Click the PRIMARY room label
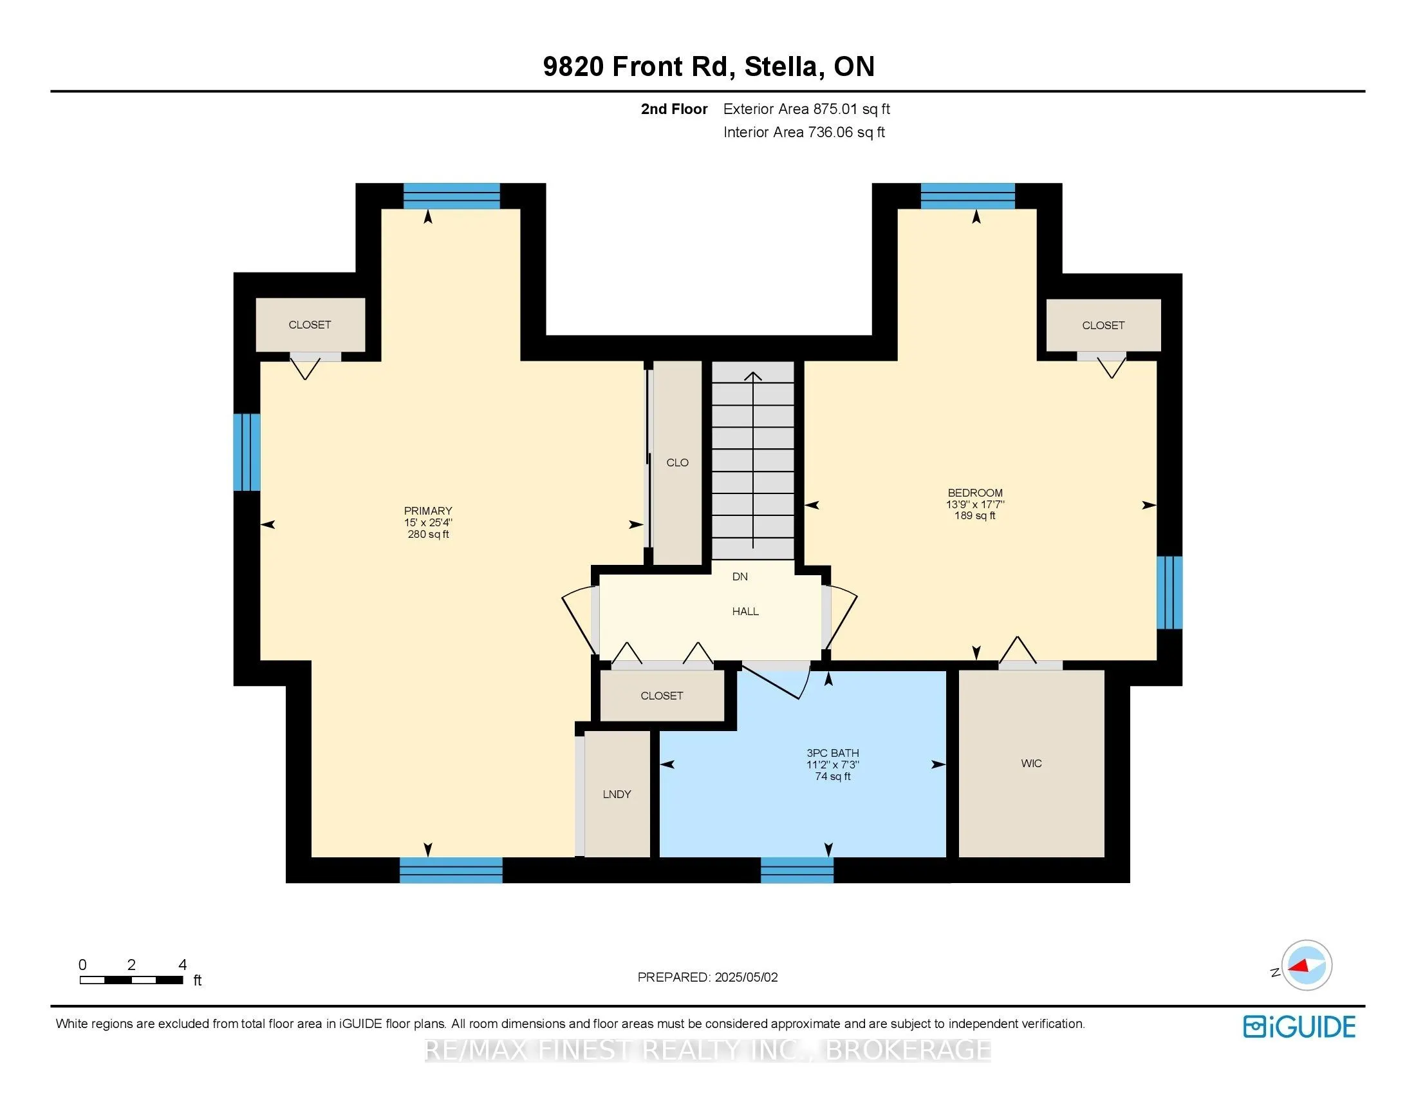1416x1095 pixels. [428, 511]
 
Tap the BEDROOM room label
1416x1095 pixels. [975, 493]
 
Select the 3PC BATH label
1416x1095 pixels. [832, 753]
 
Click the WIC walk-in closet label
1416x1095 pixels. [1031, 763]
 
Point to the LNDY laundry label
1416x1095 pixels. [617, 794]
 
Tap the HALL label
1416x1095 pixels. [745, 611]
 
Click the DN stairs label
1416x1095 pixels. [740, 576]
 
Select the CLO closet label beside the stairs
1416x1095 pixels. [678, 462]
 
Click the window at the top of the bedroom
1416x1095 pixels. [968, 196]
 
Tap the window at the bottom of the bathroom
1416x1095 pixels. [797, 870]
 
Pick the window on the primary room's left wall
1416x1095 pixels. [247, 452]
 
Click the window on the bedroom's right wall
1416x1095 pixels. [1169, 592]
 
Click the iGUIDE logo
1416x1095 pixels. [1300, 1027]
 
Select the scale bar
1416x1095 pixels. [131, 980]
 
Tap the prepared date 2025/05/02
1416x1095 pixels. [745, 977]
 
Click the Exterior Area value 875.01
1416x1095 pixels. [835, 109]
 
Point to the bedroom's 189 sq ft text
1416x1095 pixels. [974, 516]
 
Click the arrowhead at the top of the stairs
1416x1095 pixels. [753, 376]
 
